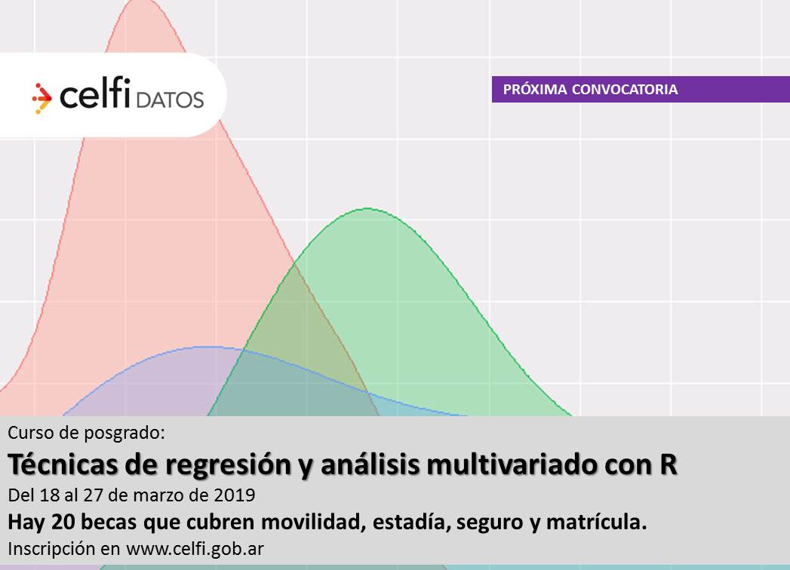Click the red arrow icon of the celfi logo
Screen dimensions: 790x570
click(41, 98)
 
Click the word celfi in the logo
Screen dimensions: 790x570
click(95, 93)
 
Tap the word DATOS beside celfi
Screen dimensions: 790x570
click(170, 100)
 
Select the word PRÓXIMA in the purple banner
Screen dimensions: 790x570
click(535, 90)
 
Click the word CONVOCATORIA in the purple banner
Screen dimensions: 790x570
click(625, 90)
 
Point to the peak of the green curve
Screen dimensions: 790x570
click(367, 208)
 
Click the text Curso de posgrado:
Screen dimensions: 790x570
click(86, 433)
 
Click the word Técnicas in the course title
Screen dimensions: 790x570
click(63, 464)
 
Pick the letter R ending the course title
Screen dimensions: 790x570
click(669, 464)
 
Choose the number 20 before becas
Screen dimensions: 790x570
click(63, 522)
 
